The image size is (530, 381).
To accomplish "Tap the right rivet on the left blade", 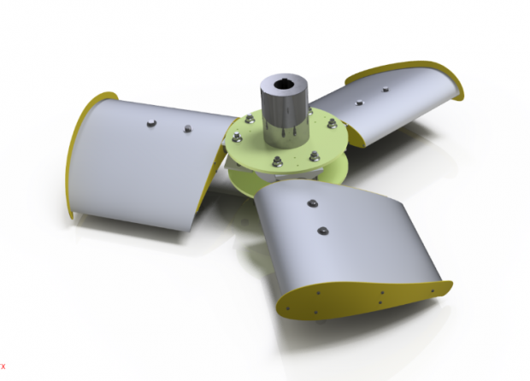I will point(187,129).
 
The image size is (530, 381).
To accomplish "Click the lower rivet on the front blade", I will point(322,231).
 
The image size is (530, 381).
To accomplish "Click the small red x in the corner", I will point(3,366).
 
